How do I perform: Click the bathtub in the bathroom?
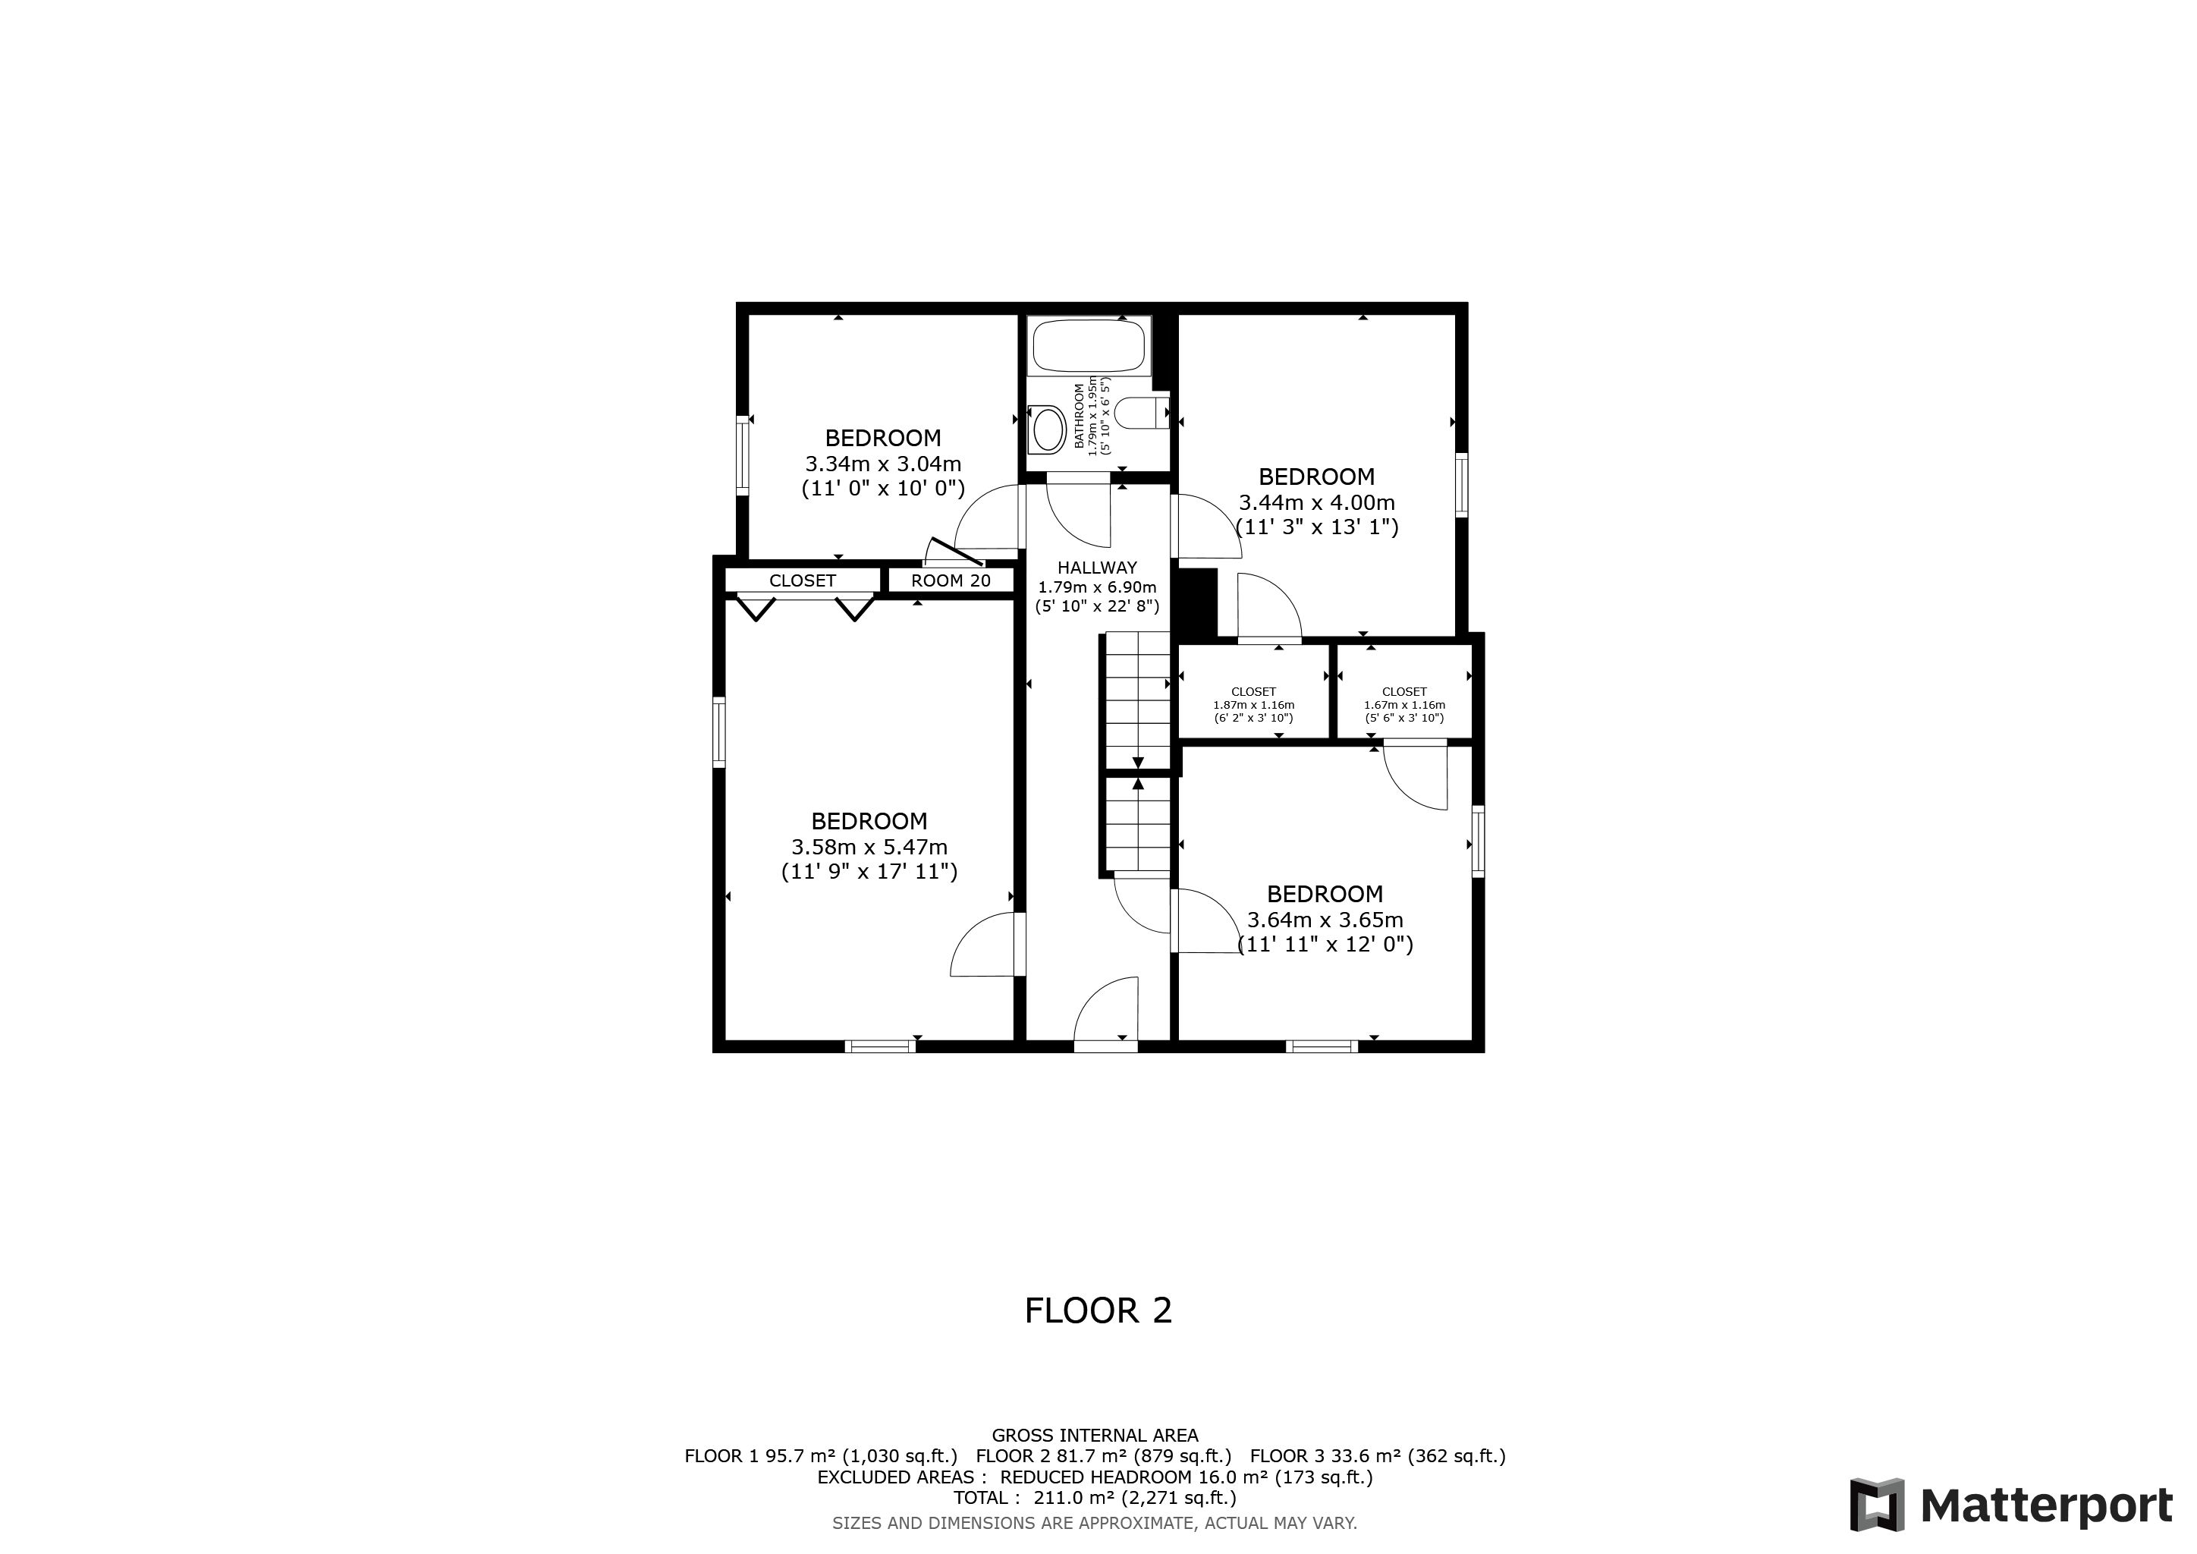click(x=1088, y=347)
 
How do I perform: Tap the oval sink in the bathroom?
click(x=1048, y=429)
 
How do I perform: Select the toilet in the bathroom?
click(x=1142, y=414)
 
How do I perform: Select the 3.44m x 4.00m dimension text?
click(x=1317, y=502)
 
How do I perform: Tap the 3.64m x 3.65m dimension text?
click(x=1325, y=920)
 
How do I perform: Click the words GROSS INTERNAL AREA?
click(x=1095, y=1436)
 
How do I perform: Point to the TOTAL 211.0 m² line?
click(x=1095, y=1498)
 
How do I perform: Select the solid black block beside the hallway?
click(x=1195, y=602)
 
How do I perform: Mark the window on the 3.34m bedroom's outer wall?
click(x=742, y=455)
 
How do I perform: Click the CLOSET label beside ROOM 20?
click(x=802, y=580)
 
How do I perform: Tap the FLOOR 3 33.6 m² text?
click(x=1377, y=1456)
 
